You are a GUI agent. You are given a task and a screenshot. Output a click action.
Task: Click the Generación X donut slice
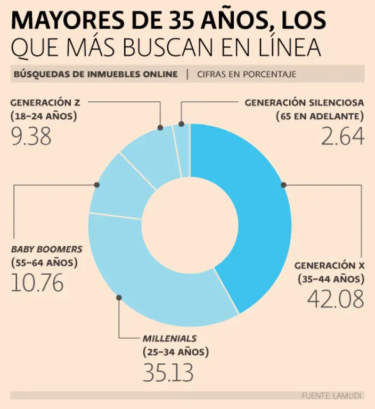coord(261,224)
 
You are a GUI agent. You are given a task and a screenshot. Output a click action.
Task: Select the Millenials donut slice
coord(160,288)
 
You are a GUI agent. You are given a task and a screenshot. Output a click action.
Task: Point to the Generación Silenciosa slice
coord(182,149)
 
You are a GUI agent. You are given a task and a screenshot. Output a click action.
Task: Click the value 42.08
coord(336,299)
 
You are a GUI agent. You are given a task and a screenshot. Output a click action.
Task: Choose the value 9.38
coord(31,137)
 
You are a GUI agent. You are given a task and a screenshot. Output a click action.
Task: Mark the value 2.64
coord(343,137)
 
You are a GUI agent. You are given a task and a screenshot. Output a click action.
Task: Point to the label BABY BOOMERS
coord(47,249)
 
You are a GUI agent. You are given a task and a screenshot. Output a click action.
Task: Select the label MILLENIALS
coord(169,338)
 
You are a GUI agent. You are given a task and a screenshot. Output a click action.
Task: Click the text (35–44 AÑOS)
coord(330,278)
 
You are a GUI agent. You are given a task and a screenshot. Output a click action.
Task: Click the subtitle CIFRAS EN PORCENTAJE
coord(246,74)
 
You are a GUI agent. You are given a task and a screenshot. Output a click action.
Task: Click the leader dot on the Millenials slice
coord(119,297)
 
